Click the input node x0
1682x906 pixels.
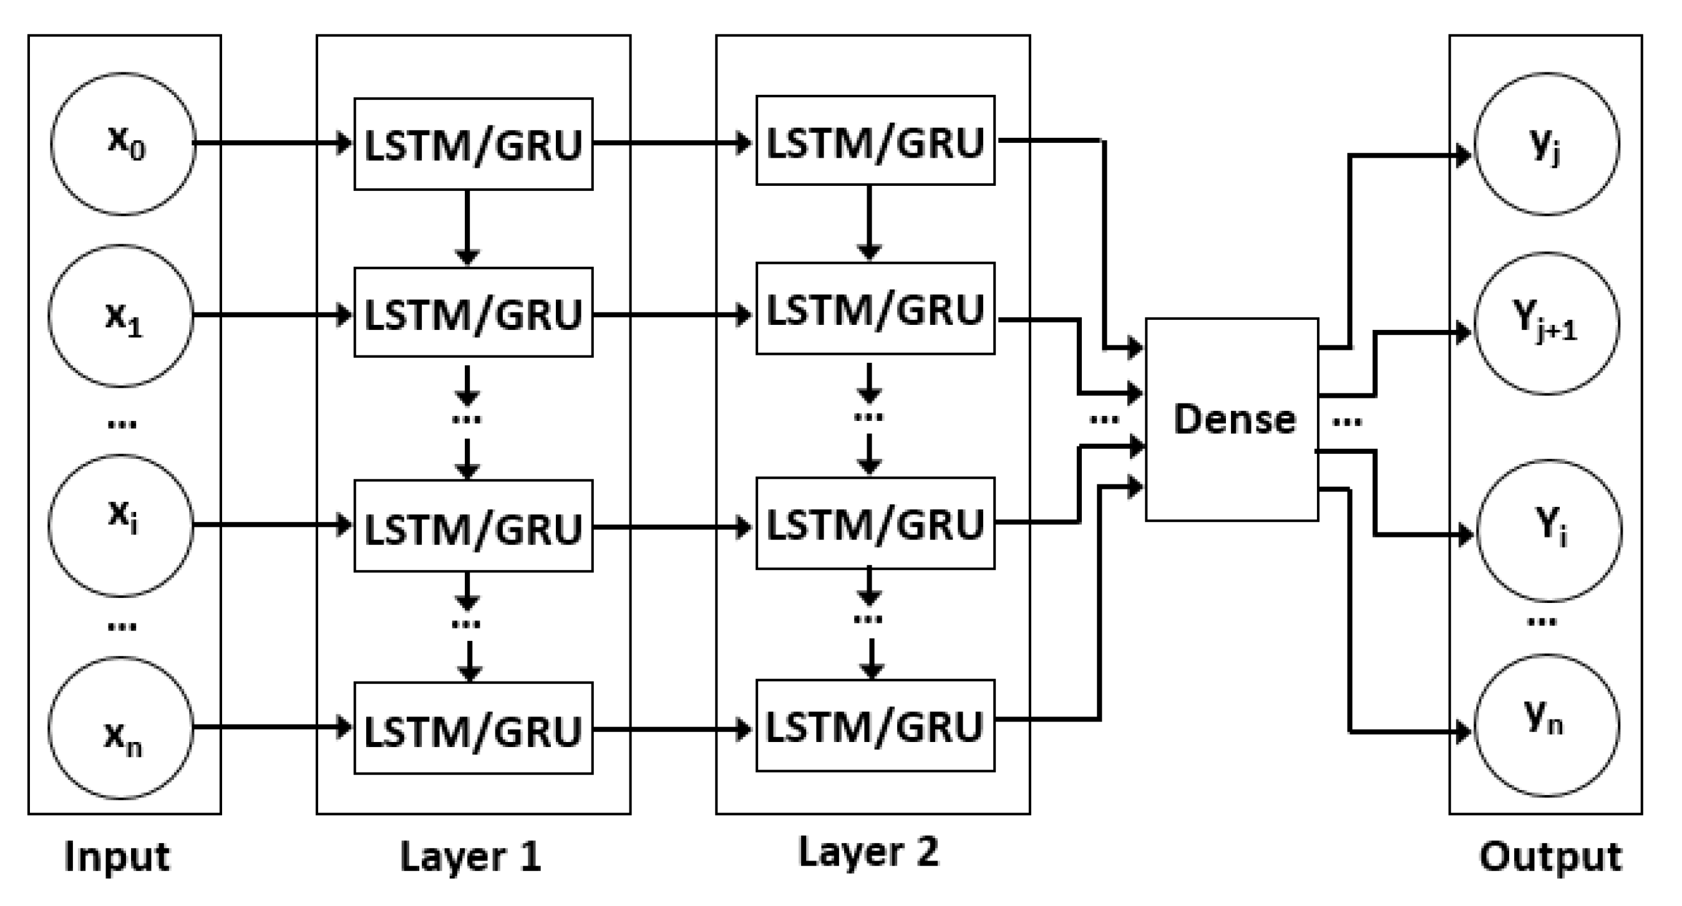click(124, 143)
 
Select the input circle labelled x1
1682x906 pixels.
click(122, 316)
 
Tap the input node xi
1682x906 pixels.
click(122, 525)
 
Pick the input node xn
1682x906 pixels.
click(122, 727)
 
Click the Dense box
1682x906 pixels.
click(1232, 419)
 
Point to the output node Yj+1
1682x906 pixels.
click(1546, 324)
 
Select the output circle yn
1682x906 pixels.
click(1546, 725)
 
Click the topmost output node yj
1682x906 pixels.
click(1546, 143)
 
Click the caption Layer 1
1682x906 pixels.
click(470, 856)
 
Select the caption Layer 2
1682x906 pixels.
click(868, 852)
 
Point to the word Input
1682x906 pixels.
click(117, 856)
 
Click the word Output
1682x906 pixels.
click(1550, 856)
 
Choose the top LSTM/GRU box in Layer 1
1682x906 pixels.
click(474, 144)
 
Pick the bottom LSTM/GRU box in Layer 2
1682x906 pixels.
click(875, 726)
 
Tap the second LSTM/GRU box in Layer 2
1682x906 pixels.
click(875, 309)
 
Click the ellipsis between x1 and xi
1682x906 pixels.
click(122, 424)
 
